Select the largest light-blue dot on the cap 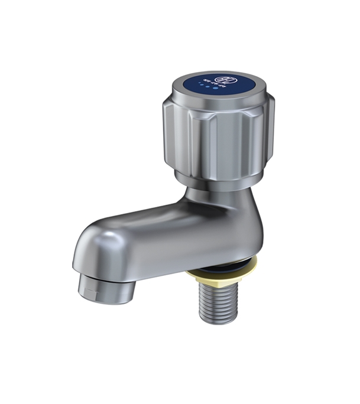coord(215,89)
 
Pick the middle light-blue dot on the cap coord(207,87)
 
